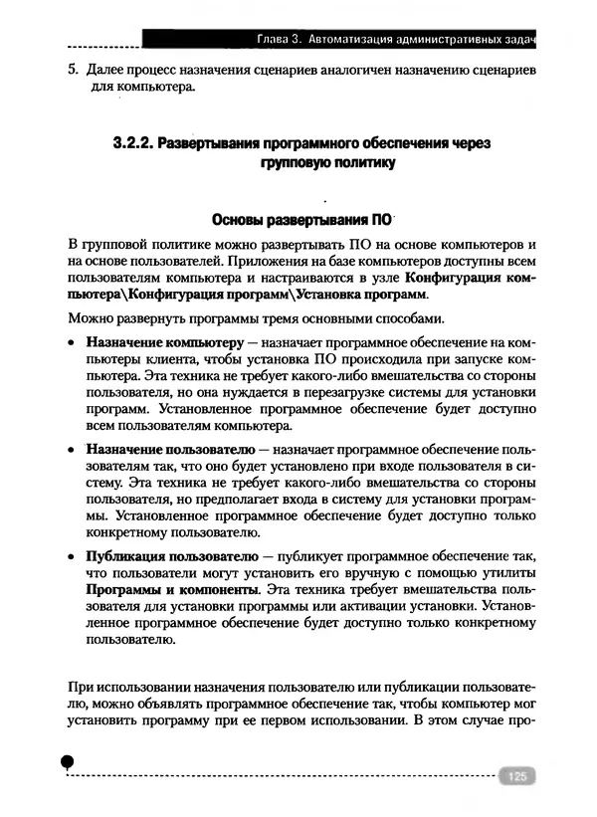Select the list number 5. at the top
pos(73,72)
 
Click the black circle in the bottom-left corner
pos(68,761)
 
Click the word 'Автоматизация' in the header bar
pos(361,39)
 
